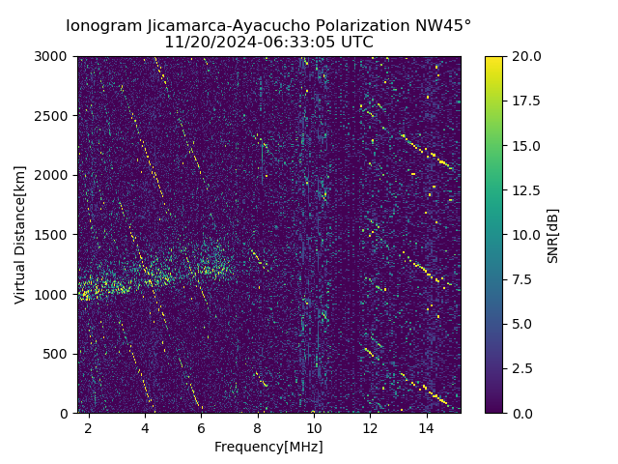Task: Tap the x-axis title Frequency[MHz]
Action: (x=268, y=447)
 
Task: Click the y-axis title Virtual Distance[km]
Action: (x=20, y=234)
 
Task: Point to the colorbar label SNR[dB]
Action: (x=553, y=235)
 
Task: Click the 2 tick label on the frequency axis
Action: (x=89, y=427)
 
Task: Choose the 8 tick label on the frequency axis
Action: (x=258, y=427)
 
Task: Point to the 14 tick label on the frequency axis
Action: (x=427, y=427)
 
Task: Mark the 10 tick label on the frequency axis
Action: (x=314, y=427)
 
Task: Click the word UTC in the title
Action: (x=356, y=43)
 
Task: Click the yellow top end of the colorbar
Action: (x=493, y=60)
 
